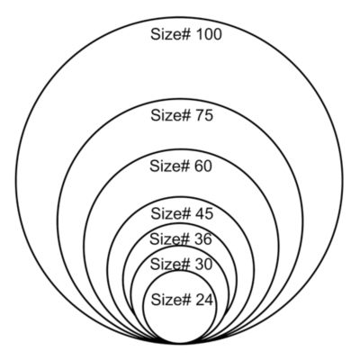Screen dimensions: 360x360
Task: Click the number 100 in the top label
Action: [x=209, y=34]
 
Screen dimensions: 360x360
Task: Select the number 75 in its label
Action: [x=204, y=115]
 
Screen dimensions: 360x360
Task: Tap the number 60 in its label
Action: [x=203, y=166]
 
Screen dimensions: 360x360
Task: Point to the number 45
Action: [x=204, y=214]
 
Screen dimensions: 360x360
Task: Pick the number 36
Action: [x=203, y=239]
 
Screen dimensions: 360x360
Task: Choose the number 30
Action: [x=203, y=265]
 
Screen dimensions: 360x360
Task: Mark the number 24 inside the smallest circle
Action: [x=204, y=300]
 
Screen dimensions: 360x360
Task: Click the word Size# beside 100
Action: [x=171, y=34]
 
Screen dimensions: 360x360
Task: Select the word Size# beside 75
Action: [x=171, y=115]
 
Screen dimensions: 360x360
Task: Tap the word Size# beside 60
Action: [x=170, y=166]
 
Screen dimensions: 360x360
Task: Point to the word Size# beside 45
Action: [x=171, y=214]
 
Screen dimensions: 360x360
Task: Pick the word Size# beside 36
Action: [x=170, y=239]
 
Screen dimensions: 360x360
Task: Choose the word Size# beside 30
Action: [x=170, y=265]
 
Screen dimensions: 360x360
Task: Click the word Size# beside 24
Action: [x=171, y=300]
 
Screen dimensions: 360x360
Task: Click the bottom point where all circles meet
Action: [x=180, y=343]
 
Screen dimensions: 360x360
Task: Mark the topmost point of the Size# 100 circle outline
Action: [x=180, y=17]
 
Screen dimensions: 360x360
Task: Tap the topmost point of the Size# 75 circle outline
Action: [x=180, y=99]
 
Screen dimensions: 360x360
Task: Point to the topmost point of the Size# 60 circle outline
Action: [x=181, y=149]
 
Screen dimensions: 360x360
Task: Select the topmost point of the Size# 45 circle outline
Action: [x=181, y=197]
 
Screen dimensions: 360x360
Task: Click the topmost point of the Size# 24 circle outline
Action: [x=179, y=272]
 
